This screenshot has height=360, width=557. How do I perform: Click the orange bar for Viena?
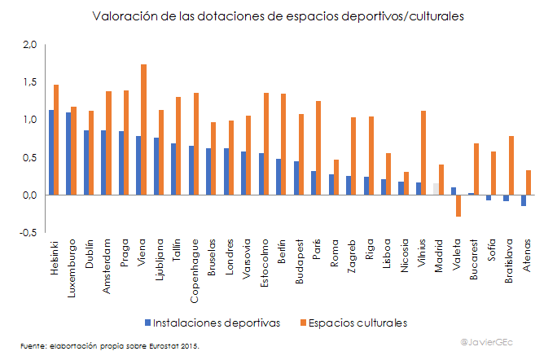click(x=144, y=130)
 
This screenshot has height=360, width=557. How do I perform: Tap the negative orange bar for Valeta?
click(x=458, y=205)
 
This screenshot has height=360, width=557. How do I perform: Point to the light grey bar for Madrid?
click(x=436, y=189)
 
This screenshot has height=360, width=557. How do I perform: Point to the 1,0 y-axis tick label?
click(x=30, y=120)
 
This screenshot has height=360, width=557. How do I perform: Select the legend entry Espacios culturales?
click(x=357, y=323)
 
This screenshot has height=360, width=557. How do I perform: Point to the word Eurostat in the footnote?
click(x=156, y=346)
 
